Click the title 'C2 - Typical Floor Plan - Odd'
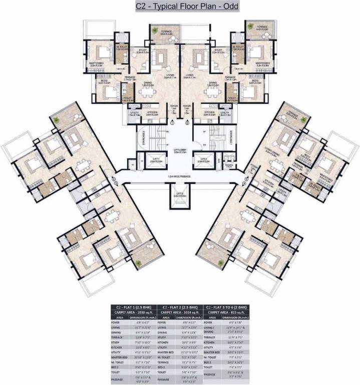[x=179, y=7]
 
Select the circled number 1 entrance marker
[x=172, y=122]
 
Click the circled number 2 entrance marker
[x=187, y=122]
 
